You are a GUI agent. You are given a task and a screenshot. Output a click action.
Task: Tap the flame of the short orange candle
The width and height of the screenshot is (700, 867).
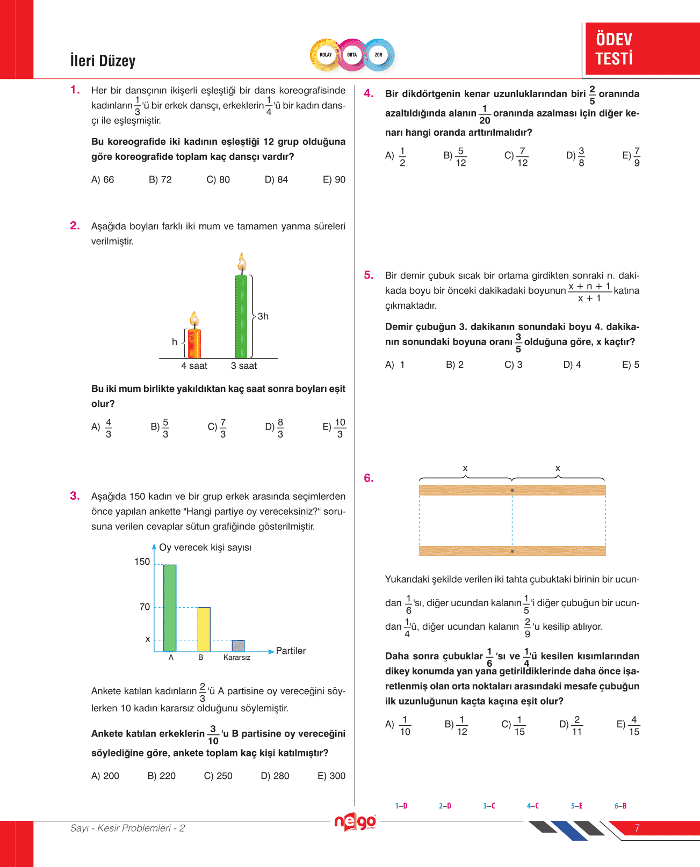pyautogui.click(x=194, y=319)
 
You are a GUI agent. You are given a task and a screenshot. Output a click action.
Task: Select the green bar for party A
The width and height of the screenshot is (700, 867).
pyautogui.click(x=170, y=608)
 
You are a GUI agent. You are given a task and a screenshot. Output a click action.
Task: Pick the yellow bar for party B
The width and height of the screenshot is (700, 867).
pyautogui.click(x=204, y=629)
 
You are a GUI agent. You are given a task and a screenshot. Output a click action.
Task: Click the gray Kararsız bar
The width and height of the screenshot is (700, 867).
pyautogui.click(x=238, y=645)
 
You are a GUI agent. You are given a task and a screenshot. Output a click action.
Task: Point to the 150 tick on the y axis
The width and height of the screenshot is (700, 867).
pyautogui.click(x=142, y=562)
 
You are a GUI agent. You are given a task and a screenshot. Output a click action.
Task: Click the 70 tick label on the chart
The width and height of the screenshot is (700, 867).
pyautogui.click(x=145, y=607)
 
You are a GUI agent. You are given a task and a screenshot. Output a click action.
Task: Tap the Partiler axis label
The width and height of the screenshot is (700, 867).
pyautogui.click(x=291, y=651)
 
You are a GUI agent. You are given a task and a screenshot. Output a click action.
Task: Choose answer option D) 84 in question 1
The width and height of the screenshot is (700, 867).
pyautogui.click(x=276, y=179)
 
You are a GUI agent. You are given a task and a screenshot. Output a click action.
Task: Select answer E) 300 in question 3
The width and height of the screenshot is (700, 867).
pyautogui.click(x=331, y=776)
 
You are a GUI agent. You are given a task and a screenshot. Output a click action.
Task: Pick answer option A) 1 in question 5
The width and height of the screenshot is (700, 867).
pyautogui.click(x=395, y=365)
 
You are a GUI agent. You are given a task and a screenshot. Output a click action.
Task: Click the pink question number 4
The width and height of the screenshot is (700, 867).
pyautogui.click(x=369, y=93)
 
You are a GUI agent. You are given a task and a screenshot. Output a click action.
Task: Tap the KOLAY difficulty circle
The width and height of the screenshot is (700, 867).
pyautogui.click(x=326, y=55)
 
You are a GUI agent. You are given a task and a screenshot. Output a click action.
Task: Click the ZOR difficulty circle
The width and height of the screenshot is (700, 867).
pyautogui.click(x=379, y=55)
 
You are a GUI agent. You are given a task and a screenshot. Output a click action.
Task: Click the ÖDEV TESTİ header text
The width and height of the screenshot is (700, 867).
pyautogui.click(x=614, y=49)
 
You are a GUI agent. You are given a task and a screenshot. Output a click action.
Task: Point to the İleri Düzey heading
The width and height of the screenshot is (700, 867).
pyautogui.click(x=103, y=61)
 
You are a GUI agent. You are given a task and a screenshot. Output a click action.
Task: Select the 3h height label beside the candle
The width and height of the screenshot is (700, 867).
pyautogui.click(x=263, y=316)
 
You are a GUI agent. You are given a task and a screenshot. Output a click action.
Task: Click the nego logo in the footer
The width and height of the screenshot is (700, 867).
pyautogui.click(x=355, y=822)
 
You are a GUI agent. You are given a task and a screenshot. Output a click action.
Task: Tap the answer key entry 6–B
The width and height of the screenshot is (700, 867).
pyautogui.click(x=620, y=806)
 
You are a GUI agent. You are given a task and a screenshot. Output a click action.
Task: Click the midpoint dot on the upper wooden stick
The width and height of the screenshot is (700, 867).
pyautogui.click(x=512, y=490)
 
